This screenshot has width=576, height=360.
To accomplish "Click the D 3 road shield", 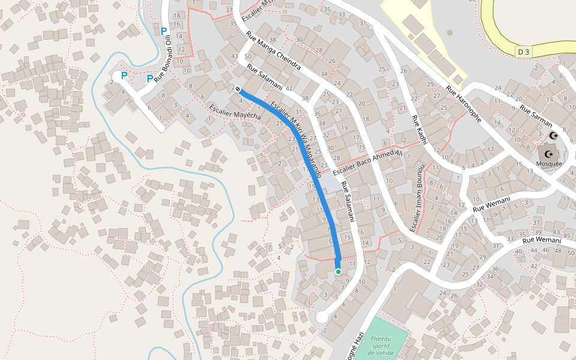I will tap(523, 52).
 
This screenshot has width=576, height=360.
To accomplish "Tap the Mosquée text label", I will tap(549, 163).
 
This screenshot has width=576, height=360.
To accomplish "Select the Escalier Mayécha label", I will tap(235, 112).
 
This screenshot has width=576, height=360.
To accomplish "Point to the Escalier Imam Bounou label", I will tap(417, 197).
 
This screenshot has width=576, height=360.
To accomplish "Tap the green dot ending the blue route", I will tap(338, 272).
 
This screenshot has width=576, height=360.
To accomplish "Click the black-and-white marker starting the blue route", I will tap(238, 89).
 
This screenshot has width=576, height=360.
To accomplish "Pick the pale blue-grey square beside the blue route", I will tap(330, 183).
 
